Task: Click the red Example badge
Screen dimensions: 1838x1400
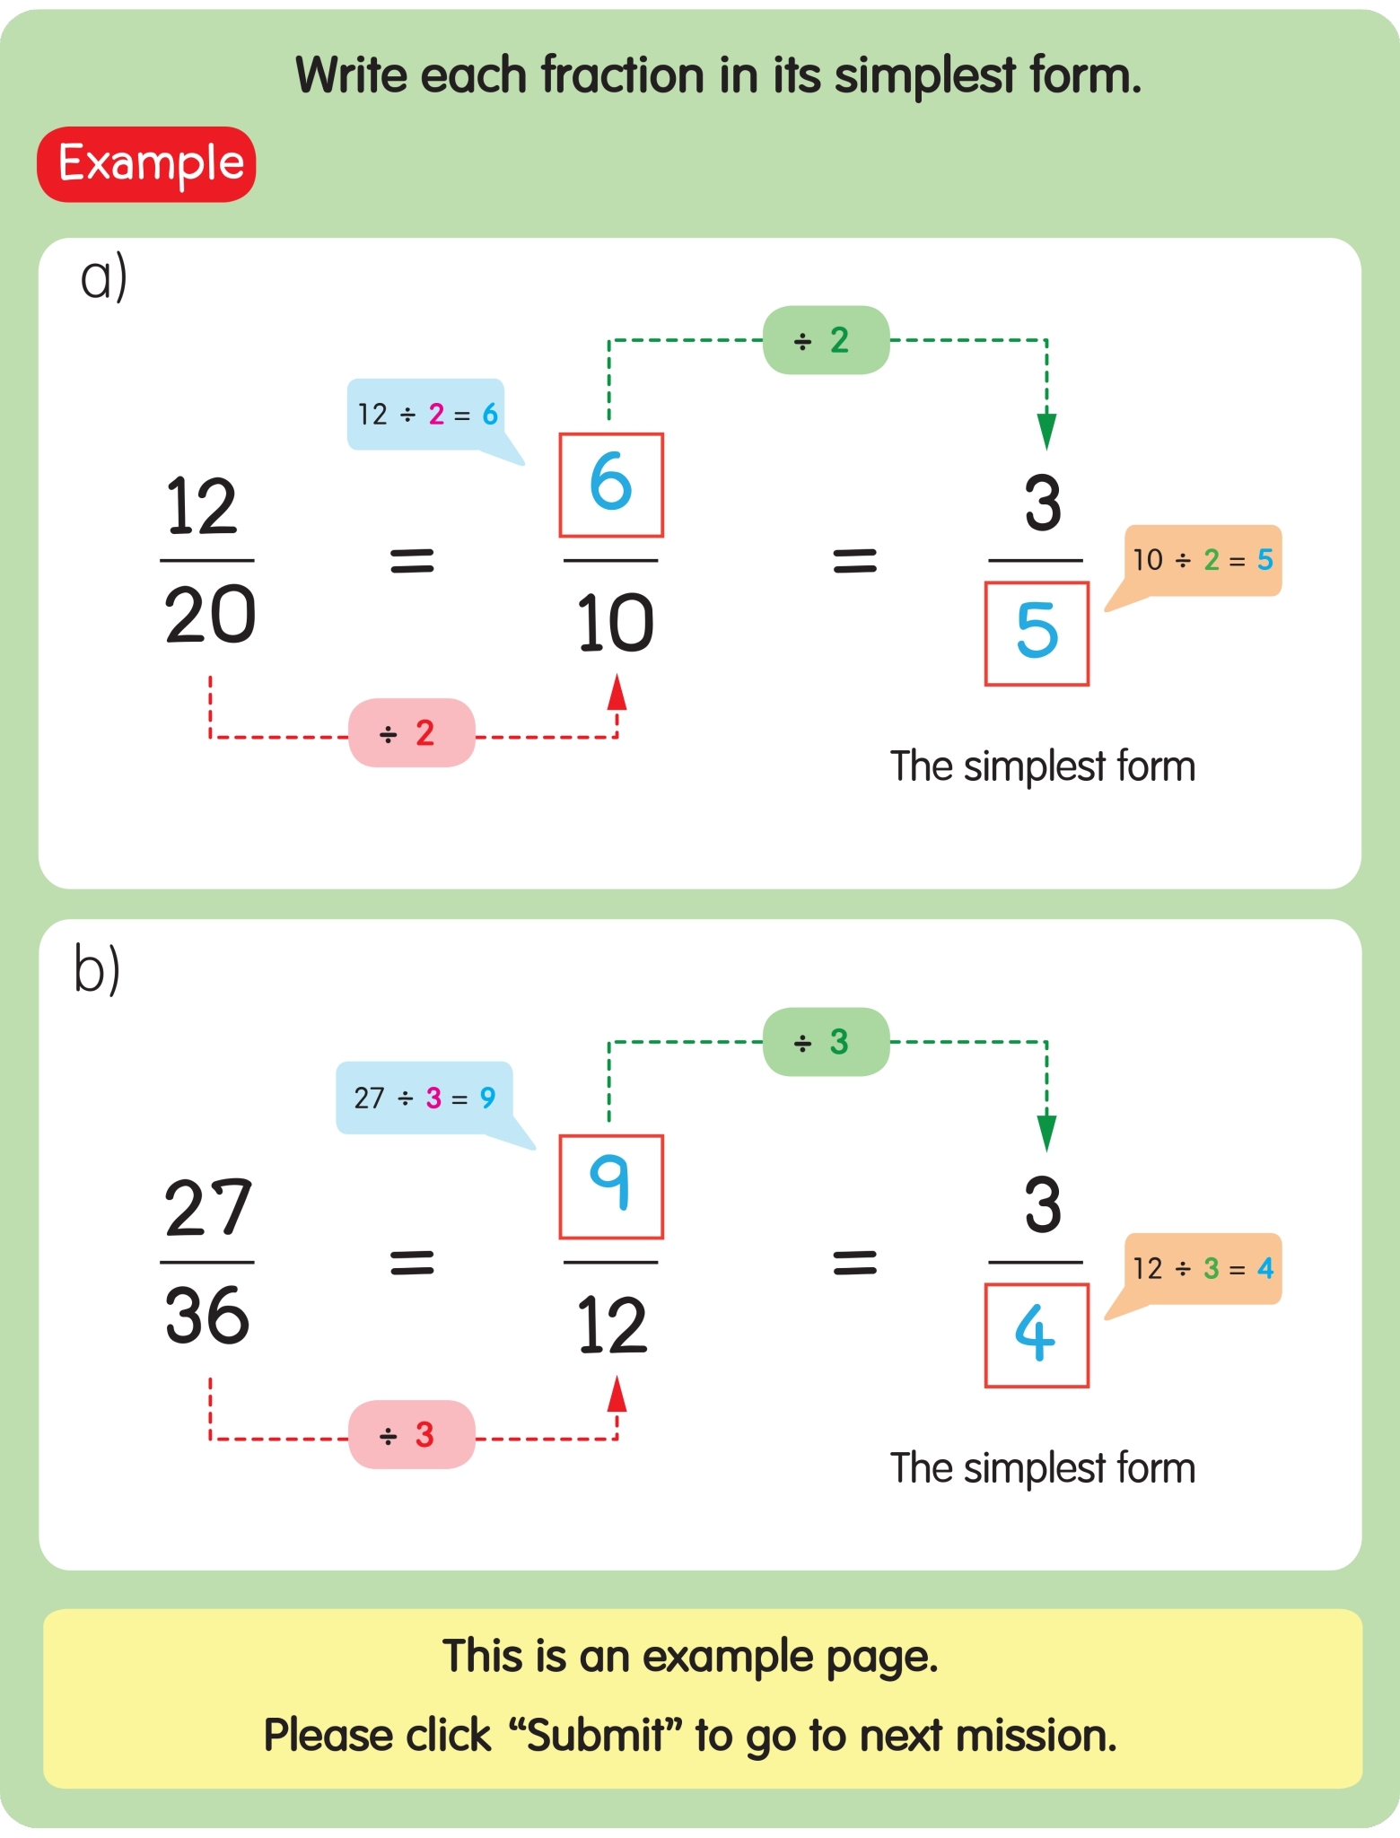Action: pos(146,164)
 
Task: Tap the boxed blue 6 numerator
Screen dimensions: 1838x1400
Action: pos(611,485)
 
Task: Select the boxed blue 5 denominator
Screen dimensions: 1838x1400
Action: pos(1037,634)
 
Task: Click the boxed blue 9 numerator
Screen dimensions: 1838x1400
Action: pos(611,1186)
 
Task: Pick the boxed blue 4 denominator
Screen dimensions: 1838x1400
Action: pos(1037,1335)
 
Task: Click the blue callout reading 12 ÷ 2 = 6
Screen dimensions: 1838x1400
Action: pos(425,414)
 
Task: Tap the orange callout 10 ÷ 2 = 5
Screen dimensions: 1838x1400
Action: pos(1203,560)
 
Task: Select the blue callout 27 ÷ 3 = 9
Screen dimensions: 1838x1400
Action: pos(424,1098)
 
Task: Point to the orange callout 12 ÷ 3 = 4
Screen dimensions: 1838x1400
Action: pos(1203,1268)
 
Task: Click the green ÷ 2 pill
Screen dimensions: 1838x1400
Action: pos(826,340)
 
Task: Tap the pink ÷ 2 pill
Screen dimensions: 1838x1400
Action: pos(411,733)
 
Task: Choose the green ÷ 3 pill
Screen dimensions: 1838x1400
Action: pos(826,1042)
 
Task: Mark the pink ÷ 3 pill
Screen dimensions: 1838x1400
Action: pos(411,1434)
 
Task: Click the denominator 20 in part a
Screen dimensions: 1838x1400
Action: pos(210,616)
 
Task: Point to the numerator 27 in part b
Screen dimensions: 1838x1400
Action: pos(208,1208)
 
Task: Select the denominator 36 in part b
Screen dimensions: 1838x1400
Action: pos(207,1317)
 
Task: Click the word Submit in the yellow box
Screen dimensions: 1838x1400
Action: pos(595,1735)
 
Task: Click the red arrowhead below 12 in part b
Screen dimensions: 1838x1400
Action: pos(617,1395)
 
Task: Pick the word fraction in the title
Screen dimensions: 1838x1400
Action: pos(623,74)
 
